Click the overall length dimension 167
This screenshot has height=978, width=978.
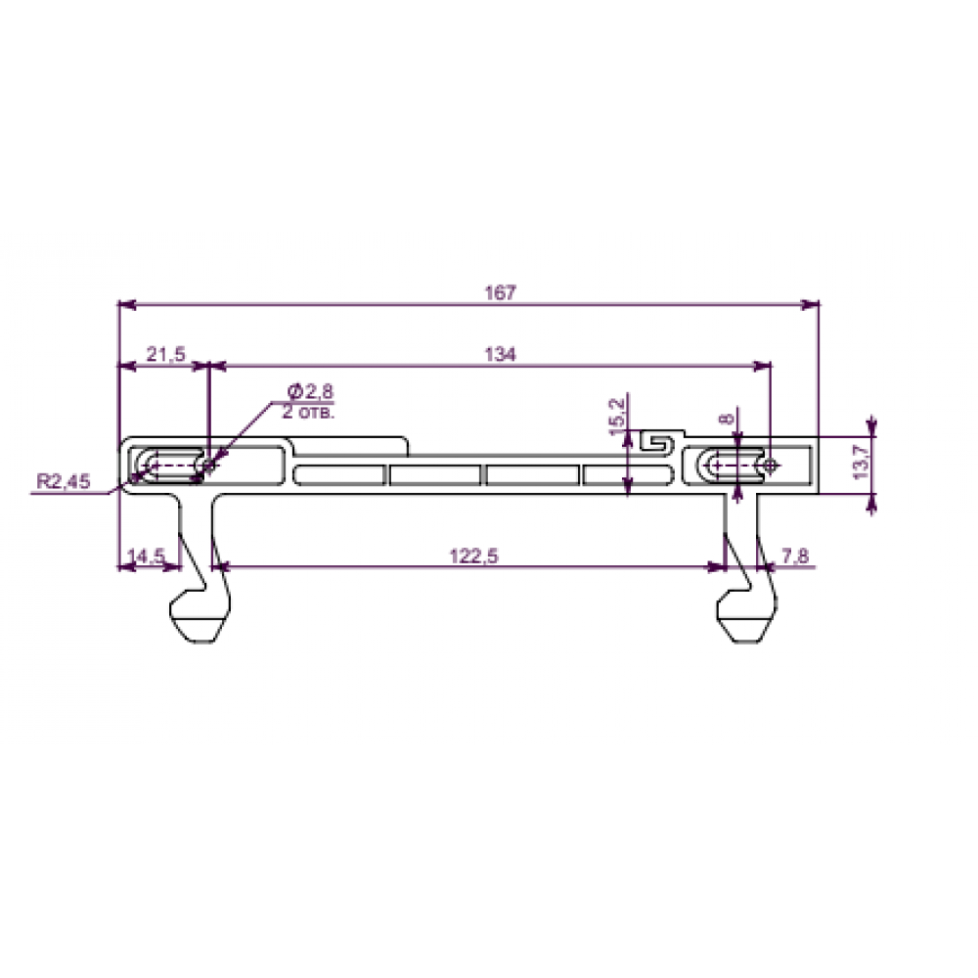[x=500, y=292]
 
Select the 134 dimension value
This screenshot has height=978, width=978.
[x=500, y=354]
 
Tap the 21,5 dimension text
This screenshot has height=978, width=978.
[x=166, y=354]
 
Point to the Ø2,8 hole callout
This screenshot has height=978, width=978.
[x=310, y=392]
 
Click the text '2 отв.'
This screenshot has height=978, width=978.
[x=308, y=412]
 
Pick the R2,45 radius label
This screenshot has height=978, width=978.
[x=63, y=481]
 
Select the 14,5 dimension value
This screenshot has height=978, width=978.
[x=146, y=556]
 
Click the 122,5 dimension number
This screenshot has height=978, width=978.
[x=474, y=556]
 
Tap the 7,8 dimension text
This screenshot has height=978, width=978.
[x=794, y=556]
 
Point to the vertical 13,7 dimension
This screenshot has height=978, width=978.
[x=862, y=463]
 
